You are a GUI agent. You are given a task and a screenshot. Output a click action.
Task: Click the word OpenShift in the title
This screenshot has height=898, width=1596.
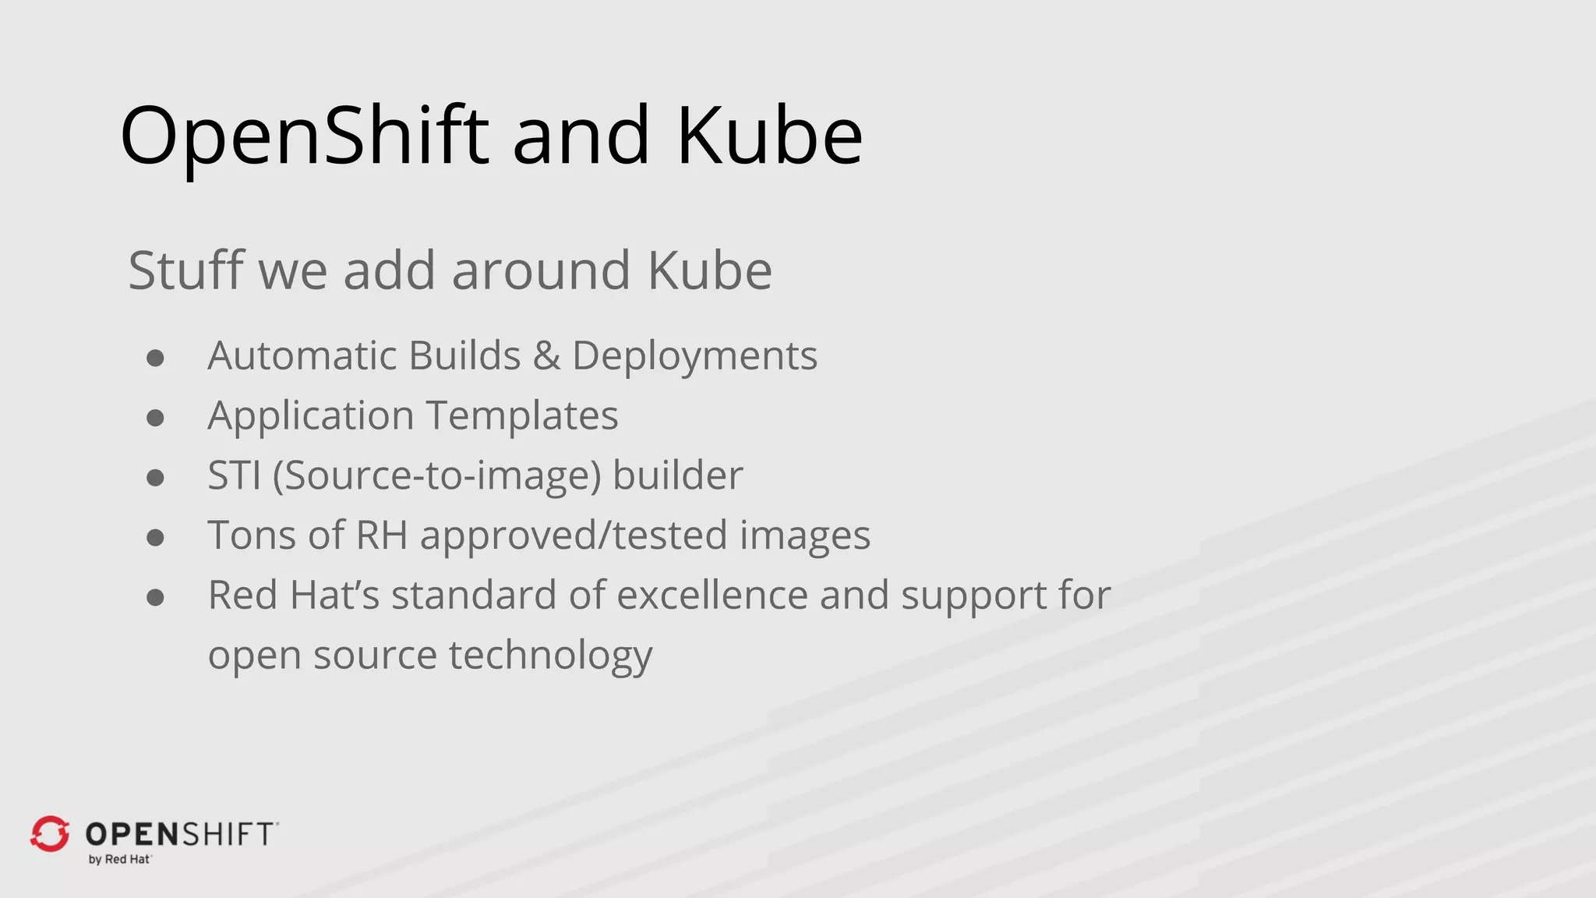[305, 136]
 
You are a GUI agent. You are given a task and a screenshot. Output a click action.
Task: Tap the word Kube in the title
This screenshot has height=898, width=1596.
[769, 136]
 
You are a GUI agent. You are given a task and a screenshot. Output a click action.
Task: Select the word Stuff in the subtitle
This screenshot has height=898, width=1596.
[186, 270]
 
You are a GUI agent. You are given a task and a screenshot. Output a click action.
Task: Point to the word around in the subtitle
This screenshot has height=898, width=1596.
[541, 270]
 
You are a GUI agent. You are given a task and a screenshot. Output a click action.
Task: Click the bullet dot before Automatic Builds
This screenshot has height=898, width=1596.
[155, 358]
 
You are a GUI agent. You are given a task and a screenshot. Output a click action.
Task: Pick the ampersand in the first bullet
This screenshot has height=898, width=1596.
[546, 356]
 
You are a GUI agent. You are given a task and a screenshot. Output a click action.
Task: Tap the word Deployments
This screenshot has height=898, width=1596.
[694, 357]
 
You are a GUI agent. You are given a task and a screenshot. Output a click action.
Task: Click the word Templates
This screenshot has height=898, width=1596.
[522, 415]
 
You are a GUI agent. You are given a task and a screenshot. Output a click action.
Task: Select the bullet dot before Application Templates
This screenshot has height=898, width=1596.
[155, 418]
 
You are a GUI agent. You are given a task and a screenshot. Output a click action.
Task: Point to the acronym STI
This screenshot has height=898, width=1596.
[234, 476]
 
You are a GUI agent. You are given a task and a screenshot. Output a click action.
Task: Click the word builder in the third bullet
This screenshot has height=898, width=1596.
[677, 476]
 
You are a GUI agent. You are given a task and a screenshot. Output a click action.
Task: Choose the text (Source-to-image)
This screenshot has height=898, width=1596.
[436, 476]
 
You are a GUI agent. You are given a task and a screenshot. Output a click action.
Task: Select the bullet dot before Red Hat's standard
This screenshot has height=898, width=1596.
[155, 598]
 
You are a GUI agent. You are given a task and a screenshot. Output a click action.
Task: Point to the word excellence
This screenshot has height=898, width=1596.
[712, 596]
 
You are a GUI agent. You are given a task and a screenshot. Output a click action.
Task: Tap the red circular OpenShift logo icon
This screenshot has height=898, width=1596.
[50, 834]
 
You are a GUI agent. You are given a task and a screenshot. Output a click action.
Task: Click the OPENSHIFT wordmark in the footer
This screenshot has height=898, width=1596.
[180, 834]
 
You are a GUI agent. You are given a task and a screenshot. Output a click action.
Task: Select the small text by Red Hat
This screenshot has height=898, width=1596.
[119, 860]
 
